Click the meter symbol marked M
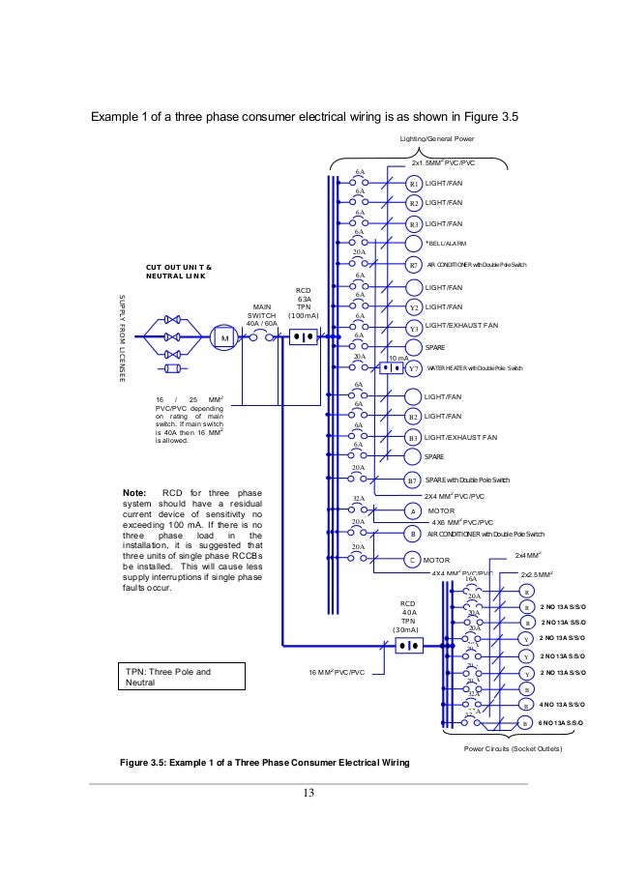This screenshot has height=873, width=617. tap(224, 338)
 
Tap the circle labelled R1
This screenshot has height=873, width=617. tap(413, 183)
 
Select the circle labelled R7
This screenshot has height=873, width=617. tap(413, 264)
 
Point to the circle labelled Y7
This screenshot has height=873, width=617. tap(413, 368)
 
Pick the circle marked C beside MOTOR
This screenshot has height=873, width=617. tap(413, 560)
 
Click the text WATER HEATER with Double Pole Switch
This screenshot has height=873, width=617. tap(475, 368)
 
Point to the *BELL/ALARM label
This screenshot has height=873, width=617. tap(447, 243)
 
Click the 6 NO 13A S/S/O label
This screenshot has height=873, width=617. tap(564, 722)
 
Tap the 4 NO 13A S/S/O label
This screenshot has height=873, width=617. tap(564, 705)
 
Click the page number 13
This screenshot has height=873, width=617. tap(309, 794)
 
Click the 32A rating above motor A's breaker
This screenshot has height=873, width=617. tap(358, 499)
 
